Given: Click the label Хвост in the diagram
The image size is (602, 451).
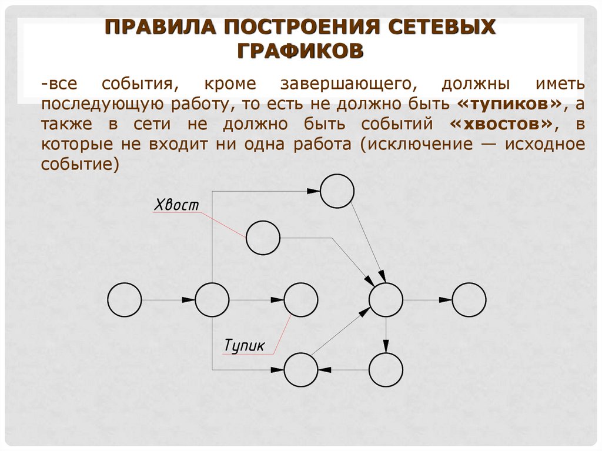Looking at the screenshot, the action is [x=176, y=205].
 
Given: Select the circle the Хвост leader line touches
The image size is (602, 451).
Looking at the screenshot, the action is [x=262, y=238].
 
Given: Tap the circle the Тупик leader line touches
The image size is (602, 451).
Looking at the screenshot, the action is [x=300, y=300].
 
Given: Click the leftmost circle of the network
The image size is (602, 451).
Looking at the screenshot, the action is [x=125, y=300].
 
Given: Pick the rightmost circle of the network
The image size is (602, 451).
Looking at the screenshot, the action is [x=469, y=300].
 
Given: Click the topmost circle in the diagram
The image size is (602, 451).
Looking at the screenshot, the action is [x=337, y=191].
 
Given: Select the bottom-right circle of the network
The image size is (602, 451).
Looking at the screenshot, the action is [x=386, y=370].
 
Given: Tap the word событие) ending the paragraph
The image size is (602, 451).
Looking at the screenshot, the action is [x=80, y=165].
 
